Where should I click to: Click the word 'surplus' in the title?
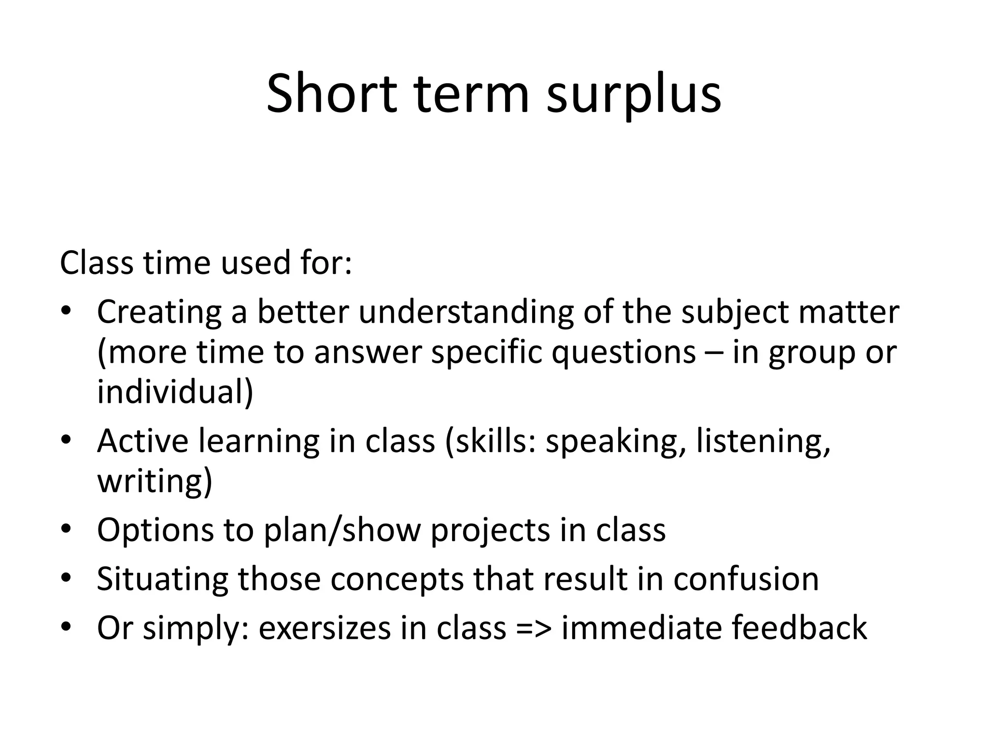[634, 94]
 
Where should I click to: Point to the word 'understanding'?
[466, 312]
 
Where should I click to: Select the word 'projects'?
[490, 531]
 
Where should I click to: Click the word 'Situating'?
[162, 579]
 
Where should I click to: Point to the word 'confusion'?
[746, 579]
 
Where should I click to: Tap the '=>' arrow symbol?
[534, 628]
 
